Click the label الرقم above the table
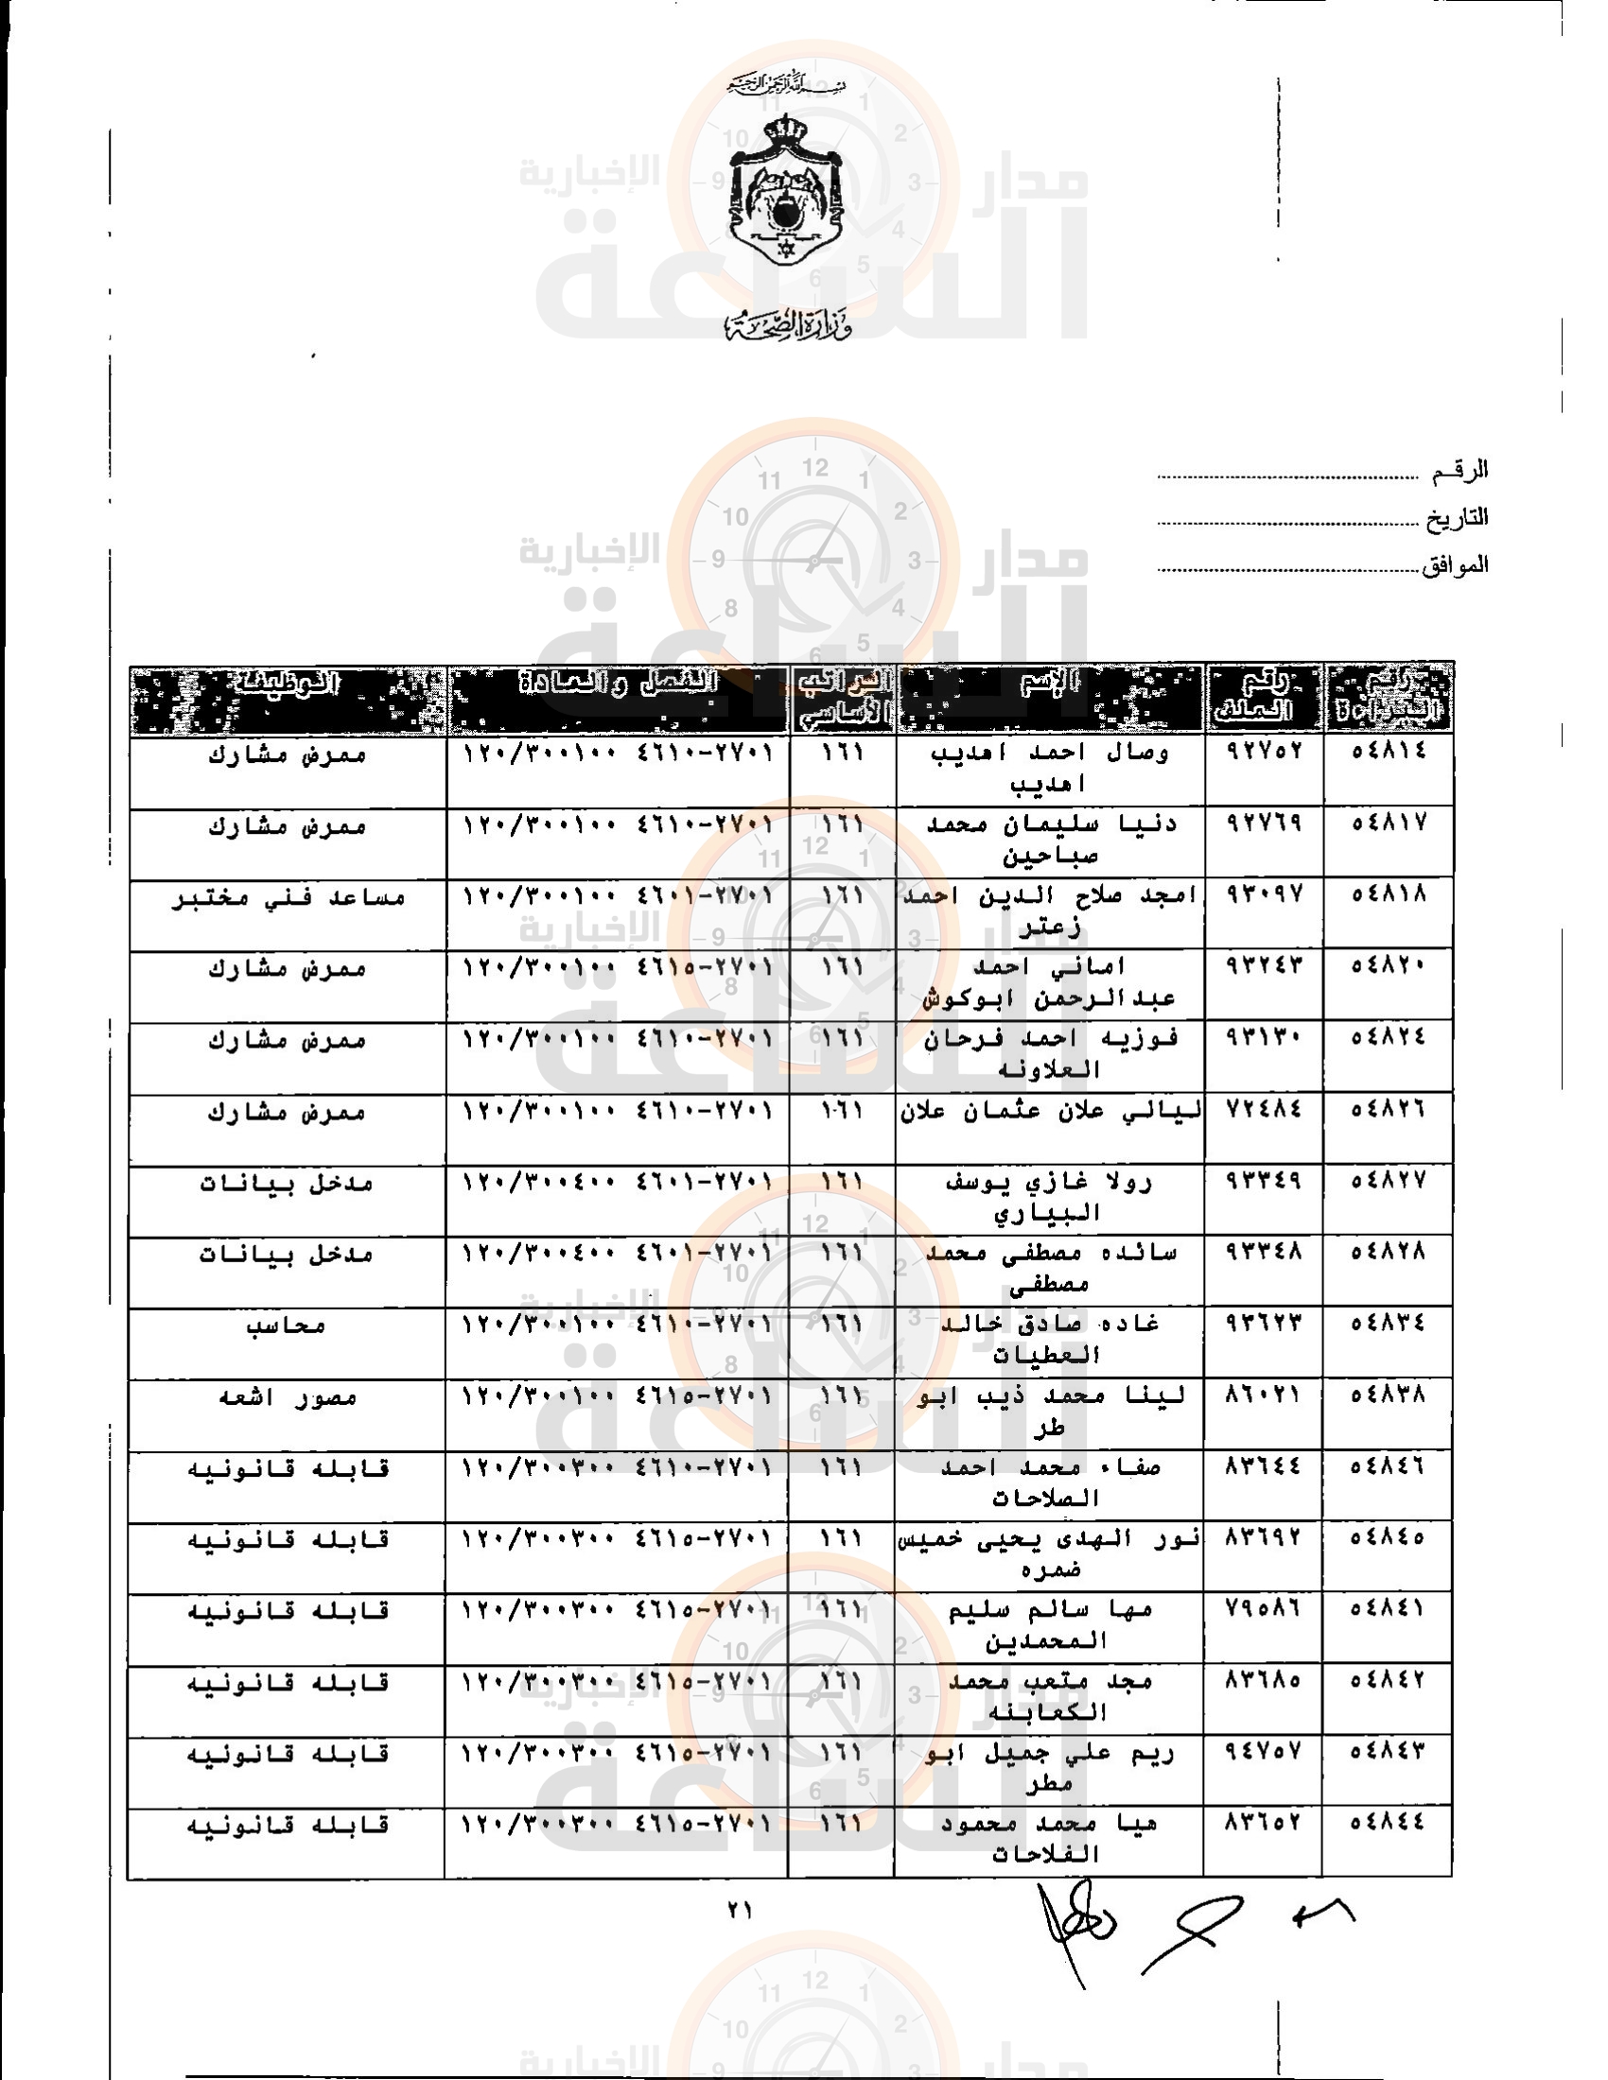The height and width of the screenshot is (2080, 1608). (1459, 470)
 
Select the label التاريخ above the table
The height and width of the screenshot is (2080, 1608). (1457, 518)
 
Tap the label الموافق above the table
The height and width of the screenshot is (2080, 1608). (1455, 564)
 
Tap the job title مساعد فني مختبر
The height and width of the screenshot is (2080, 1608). (288, 897)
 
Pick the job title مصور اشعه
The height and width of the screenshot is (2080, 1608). (288, 1397)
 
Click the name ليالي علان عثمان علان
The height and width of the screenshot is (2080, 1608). (1051, 1111)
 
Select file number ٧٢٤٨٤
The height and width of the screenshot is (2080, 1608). (1263, 1110)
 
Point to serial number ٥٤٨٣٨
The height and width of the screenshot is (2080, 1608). (1389, 1395)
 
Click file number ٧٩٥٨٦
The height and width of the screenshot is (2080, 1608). (1263, 1608)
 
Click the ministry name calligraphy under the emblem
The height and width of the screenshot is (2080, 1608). (787, 327)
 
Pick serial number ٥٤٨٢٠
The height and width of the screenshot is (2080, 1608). (1389, 965)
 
